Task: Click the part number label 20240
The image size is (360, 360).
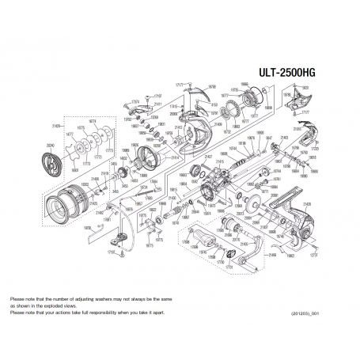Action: click(51, 144)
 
